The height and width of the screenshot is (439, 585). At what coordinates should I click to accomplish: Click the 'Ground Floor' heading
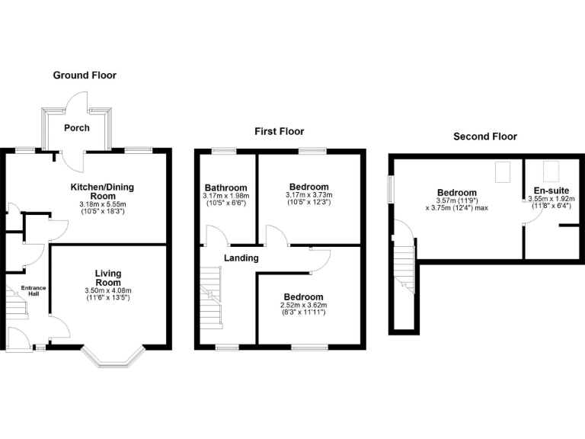pos(85,75)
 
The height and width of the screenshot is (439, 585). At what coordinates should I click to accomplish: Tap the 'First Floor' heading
pos(279,132)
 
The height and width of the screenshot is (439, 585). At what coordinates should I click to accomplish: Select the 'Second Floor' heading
pos(485,136)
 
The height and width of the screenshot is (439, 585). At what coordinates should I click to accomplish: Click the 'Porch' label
pos(76,128)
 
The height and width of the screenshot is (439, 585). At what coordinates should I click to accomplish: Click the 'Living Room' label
pos(108,277)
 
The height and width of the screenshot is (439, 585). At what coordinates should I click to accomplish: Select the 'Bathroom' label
pos(225,187)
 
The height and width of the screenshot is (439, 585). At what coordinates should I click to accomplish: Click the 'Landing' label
pos(241,258)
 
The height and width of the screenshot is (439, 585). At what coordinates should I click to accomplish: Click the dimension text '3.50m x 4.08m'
pos(108,290)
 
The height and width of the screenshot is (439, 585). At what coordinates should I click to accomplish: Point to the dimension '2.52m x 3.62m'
pos(303,305)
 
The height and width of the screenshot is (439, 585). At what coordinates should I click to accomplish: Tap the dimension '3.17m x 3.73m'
pos(308,195)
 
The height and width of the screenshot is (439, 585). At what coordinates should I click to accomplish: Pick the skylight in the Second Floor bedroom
pos(503,173)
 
